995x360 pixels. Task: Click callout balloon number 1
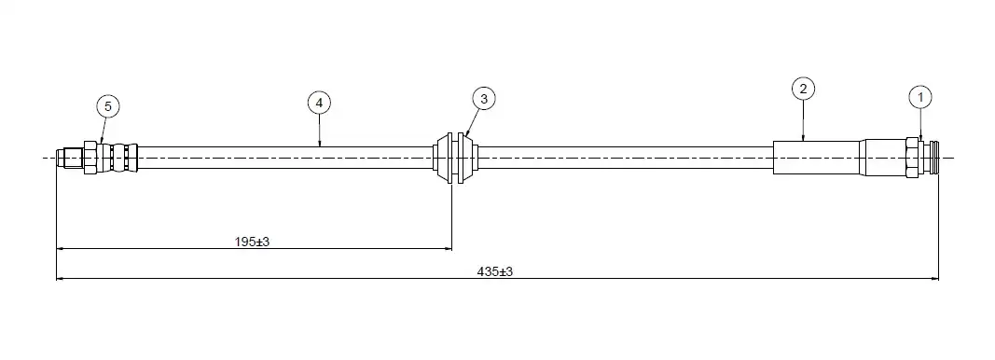click(920, 98)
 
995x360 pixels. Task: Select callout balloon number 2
click(803, 89)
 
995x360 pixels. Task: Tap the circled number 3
click(484, 99)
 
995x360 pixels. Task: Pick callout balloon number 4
click(319, 103)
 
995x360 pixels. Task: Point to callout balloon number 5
click(108, 106)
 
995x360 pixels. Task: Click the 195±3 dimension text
click(253, 242)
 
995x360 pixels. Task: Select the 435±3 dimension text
click(495, 271)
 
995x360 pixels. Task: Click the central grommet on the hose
click(456, 158)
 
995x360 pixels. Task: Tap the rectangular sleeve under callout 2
click(816, 158)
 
